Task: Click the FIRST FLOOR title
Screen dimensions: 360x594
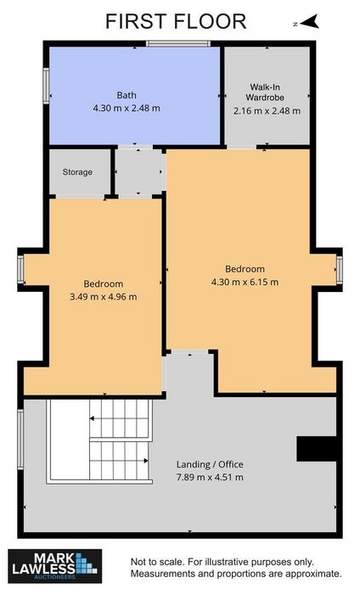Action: tap(176, 21)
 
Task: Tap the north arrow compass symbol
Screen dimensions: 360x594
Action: tap(307, 21)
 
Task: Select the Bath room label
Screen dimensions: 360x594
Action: tap(127, 95)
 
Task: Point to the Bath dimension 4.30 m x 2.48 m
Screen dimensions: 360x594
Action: tap(127, 108)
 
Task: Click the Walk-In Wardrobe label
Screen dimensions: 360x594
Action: tap(265, 92)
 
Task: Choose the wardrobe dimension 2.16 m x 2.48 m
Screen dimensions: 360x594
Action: tap(267, 111)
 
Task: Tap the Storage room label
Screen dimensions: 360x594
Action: tap(77, 172)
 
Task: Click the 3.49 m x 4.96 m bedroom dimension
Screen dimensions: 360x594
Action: tap(103, 297)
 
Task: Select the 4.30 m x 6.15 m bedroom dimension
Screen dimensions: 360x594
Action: tap(245, 282)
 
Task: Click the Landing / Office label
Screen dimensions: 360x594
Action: tap(210, 464)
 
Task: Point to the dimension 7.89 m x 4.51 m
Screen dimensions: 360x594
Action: tap(210, 477)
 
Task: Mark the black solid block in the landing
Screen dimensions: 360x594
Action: tap(317, 449)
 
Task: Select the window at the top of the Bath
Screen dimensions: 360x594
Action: tap(178, 43)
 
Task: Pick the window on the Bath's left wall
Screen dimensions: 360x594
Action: tap(46, 86)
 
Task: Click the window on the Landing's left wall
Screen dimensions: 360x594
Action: tap(20, 440)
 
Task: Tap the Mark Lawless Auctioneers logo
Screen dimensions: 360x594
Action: tap(55, 566)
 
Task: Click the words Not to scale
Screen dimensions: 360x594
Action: tap(157, 562)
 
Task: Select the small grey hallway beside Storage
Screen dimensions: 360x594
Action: tap(138, 172)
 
